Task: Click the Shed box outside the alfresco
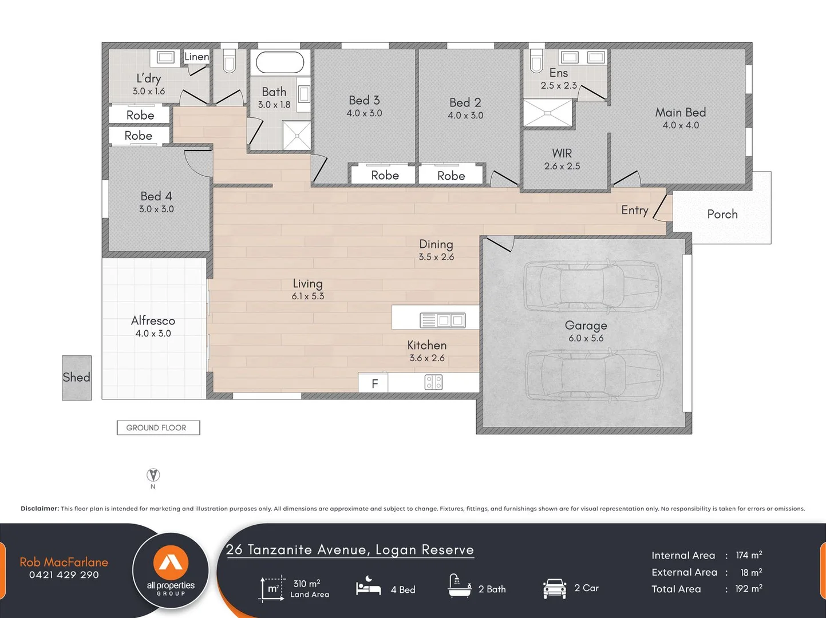[77, 378]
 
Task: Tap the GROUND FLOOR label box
[159, 427]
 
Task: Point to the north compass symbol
[153, 475]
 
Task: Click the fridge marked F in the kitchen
[373, 383]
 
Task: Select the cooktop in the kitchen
[433, 382]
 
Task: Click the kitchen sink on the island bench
[442, 320]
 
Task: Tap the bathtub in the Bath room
[280, 62]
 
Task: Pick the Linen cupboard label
[197, 57]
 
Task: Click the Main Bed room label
[681, 113]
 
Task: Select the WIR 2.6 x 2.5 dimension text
[562, 166]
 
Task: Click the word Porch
[722, 214]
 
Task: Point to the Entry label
[634, 210]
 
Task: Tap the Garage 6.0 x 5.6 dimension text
[586, 338]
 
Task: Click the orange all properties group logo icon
[171, 562]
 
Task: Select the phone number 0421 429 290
[64, 575]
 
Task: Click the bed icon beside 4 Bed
[369, 587]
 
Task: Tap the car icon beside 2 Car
[555, 589]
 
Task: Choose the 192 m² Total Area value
[749, 589]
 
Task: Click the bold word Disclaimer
[40, 509]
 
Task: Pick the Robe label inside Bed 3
[385, 175]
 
